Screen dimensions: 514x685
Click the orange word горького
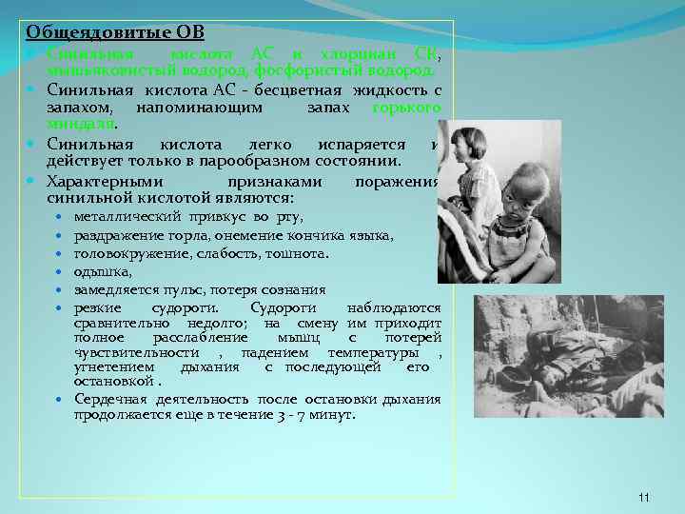[406, 108]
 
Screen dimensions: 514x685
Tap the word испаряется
[353, 144]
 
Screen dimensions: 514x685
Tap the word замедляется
[117, 289]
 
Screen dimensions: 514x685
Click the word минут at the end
[330, 416]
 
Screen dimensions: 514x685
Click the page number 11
[644, 497]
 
